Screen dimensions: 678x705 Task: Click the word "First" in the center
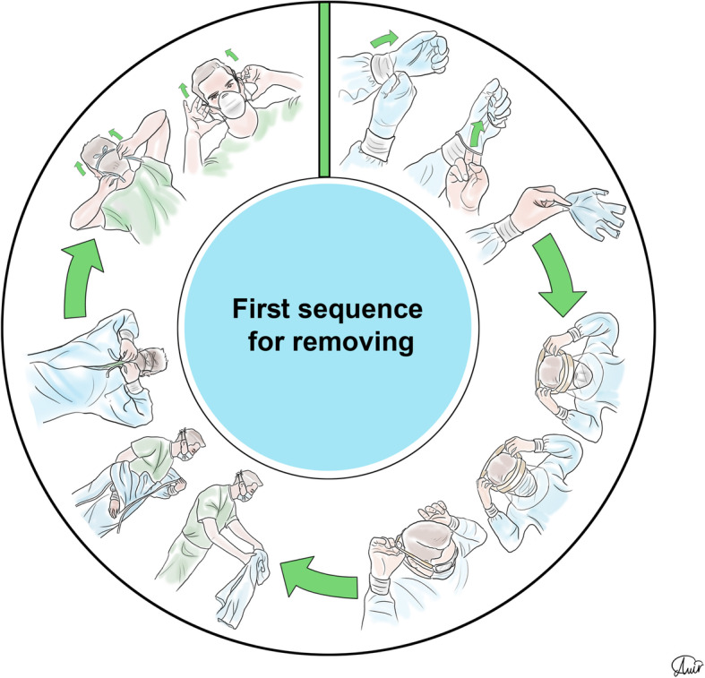[x=263, y=309]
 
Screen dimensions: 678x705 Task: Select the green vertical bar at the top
[x=324, y=85]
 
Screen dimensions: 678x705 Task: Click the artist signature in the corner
[x=684, y=664]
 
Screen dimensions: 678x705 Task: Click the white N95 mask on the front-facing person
[x=236, y=105]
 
